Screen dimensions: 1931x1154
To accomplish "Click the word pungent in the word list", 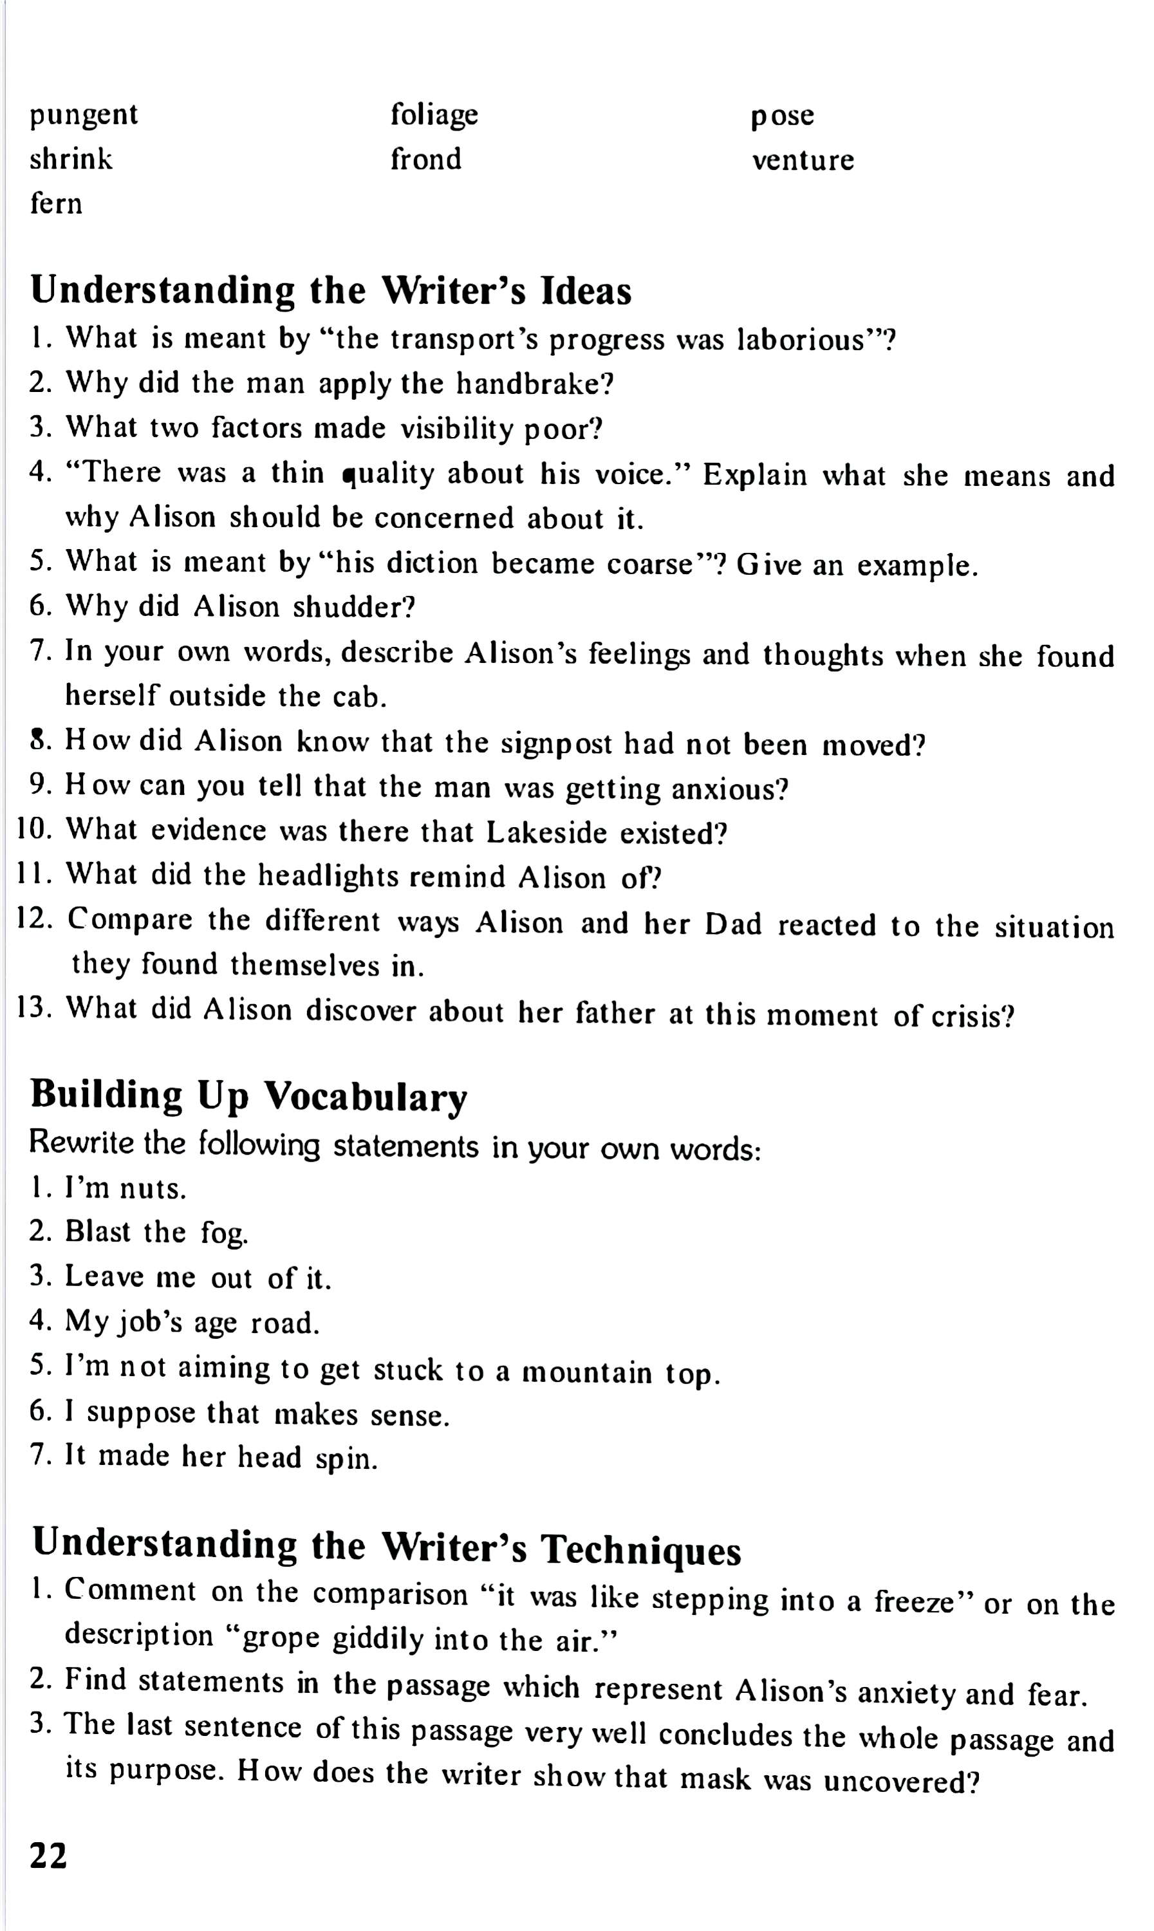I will point(84,116).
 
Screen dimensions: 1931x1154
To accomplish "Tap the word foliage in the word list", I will point(434,115).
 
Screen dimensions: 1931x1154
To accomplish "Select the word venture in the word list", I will point(803,160).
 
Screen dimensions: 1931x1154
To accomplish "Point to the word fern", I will point(56,204).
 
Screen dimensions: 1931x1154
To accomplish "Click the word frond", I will point(425,160).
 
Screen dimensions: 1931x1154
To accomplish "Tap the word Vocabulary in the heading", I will point(366,1097).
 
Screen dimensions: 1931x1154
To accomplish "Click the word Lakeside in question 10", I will point(546,833).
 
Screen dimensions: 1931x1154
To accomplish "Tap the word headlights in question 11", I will point(328,877).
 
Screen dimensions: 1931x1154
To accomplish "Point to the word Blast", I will point(98,1233).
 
